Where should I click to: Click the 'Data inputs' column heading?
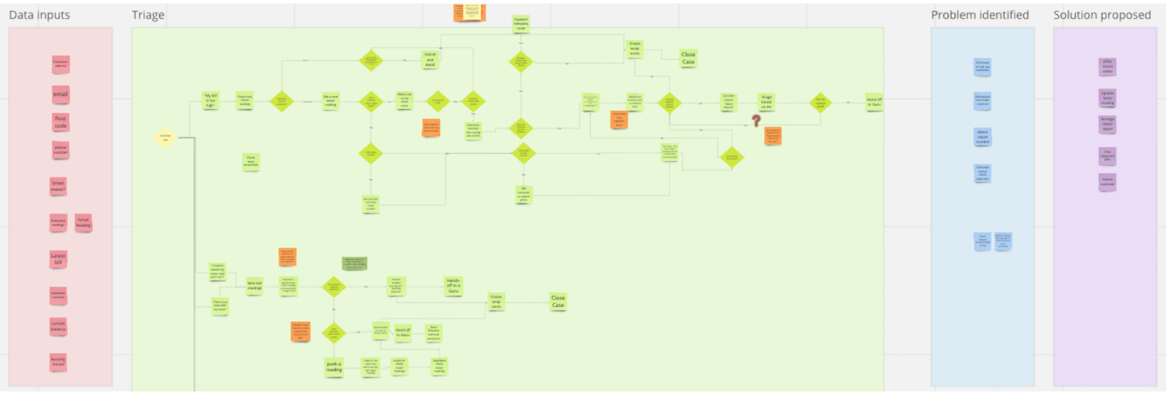(39, 15)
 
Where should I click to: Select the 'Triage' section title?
(148, 15)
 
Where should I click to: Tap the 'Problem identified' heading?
(980, 15)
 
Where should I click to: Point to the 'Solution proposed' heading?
(1102, 15)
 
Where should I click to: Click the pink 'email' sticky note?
(61, 94)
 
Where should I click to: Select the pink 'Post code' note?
(61, 122)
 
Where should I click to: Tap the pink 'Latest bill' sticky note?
(58, 259)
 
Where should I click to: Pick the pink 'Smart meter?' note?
(58, 186)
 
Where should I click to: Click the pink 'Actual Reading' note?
(84, 222)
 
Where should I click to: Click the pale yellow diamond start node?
(165, 137)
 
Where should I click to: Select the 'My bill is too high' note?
(211, 100)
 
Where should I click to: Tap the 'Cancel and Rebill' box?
(430, 60)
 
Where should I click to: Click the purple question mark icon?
(756, 121)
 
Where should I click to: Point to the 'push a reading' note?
(334, 367)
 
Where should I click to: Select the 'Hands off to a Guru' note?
(453, 286)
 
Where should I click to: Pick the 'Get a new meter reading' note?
(330, 100)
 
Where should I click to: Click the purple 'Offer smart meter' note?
(1107, 66)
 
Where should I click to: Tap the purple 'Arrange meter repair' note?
(1107, 124)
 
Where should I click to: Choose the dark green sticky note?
(354, 263)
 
